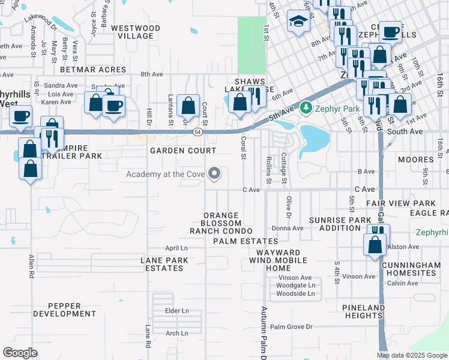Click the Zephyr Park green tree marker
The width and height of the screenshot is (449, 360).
pos(306,108)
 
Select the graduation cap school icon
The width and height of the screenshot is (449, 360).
pos(297,22)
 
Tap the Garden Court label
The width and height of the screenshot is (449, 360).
pos(183,151)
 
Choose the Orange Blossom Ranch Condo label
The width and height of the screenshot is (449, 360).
pos(221,223)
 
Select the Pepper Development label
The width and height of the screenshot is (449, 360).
pos(64,310)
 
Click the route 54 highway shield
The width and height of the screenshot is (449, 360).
pos(197,131)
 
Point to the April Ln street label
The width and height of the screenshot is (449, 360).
pos(176,248)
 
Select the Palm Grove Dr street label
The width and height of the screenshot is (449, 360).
pos(291,327)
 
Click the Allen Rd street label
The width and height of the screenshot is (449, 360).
pos(31,266)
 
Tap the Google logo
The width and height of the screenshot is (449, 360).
pos(20,353)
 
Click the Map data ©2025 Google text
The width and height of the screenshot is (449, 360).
pos(411,355)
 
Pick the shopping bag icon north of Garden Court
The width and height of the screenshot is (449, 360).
pos(188,106)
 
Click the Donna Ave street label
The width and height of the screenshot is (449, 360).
pos(288,228)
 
